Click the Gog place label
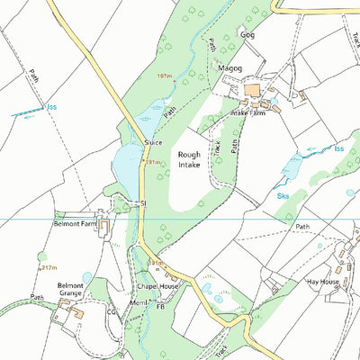(247, 34)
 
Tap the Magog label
(230, 67)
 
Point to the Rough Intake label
(189, 159)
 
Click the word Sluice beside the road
(152, 142)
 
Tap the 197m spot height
(164, 76)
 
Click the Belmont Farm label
(76, 221)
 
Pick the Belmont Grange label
(71, 291)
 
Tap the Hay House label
(322, 282)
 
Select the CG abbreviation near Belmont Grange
(112, 311)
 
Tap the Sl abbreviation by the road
(142, 204)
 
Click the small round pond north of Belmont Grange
(86, 277)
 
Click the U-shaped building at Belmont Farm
(102, 226)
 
